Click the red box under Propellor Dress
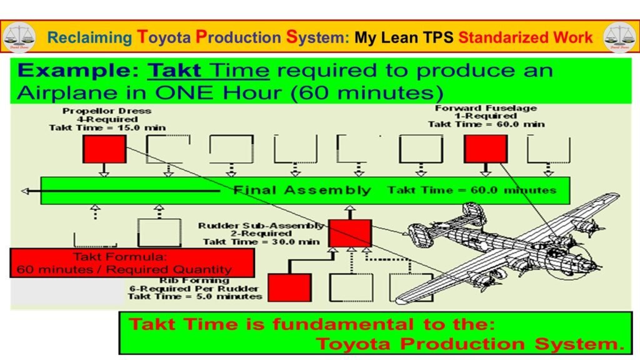click(x=104, y=149)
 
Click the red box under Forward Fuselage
click(x=485, y=149)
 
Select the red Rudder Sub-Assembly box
click(x=350, y=232)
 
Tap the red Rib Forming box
click(x=289, y=287)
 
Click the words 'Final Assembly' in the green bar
click(x=302, y=190)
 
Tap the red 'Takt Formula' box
click(x=132, y=263)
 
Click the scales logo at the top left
click(x=19, y=37)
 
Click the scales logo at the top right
click(x=619, y=37)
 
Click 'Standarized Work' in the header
click(x=525, y=37)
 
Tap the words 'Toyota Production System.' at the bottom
click(x=469, y=343)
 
